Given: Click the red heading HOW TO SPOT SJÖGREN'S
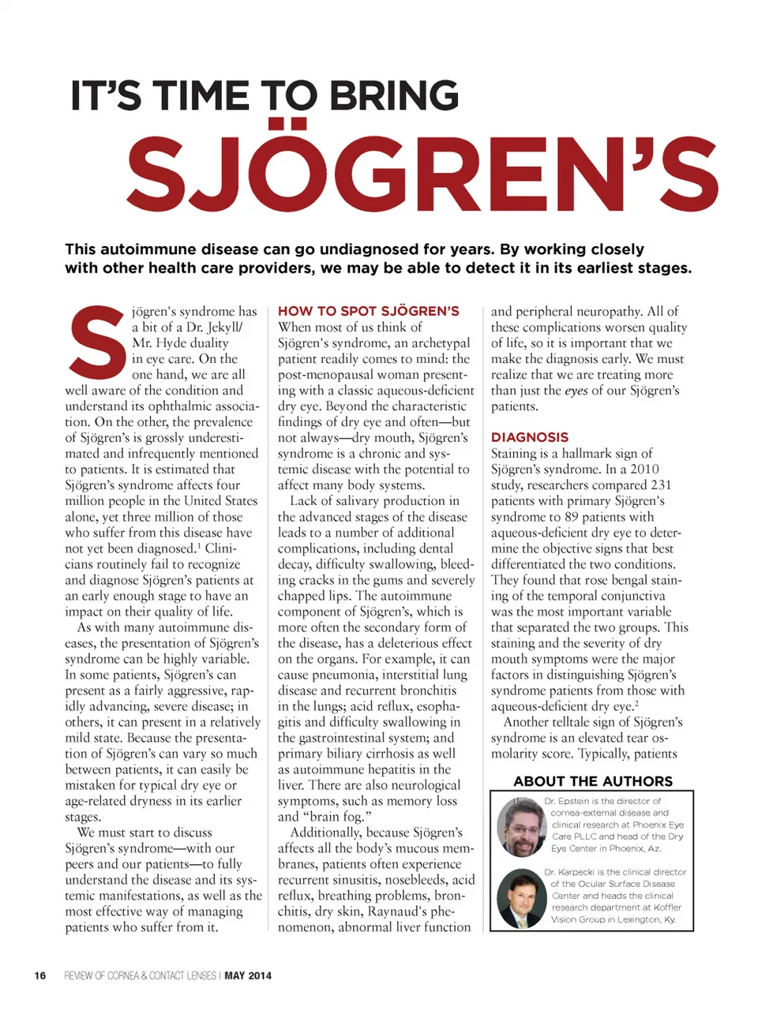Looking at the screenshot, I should (368, 311).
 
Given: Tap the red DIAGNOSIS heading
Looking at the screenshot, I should (529, 437).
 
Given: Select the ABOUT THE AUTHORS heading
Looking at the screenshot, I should (593, 781).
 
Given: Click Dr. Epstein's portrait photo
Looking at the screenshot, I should (521, 826).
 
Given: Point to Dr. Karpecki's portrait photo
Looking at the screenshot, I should (521, 898).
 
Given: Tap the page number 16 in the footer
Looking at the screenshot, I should (40, 975).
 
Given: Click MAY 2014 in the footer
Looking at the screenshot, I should (248, 975).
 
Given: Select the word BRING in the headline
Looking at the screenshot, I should (393, 96).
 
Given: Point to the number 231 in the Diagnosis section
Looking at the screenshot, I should (661, 485).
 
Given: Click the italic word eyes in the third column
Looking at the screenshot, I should (576, 391).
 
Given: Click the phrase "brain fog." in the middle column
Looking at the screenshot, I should (336, 817).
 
